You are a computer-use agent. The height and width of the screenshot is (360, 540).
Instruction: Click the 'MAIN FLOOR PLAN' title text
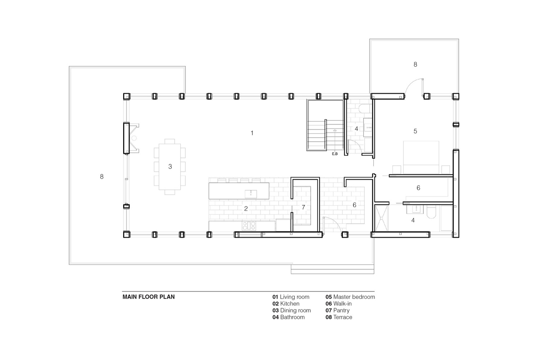[148, 297]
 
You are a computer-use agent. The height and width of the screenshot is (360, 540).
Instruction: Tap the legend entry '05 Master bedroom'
[350, 297]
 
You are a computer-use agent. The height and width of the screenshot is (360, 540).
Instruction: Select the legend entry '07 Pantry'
[338, 310]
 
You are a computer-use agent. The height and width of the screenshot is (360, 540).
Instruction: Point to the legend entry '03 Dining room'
[292, 310]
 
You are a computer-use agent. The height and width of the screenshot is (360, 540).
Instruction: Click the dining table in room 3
[170, 167]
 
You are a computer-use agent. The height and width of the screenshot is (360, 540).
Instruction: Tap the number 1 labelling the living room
[252, 133]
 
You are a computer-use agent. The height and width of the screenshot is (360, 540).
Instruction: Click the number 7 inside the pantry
[303, 207]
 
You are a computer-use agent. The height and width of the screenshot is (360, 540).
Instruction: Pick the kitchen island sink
[251, 194]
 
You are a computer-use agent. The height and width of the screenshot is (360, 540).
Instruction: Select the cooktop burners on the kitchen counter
[249, 226]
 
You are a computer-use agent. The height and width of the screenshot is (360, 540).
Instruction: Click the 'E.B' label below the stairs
[334, 154]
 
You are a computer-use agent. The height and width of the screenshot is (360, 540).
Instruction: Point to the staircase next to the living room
[325, 125]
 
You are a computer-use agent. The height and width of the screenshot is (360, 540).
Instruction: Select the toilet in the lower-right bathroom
[431, 212]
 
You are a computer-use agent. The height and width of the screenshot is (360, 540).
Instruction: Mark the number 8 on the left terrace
[102, 176]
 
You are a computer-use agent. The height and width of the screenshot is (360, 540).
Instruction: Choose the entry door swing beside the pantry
[334, 223]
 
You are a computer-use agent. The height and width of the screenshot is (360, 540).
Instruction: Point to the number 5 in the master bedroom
[415, 131]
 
